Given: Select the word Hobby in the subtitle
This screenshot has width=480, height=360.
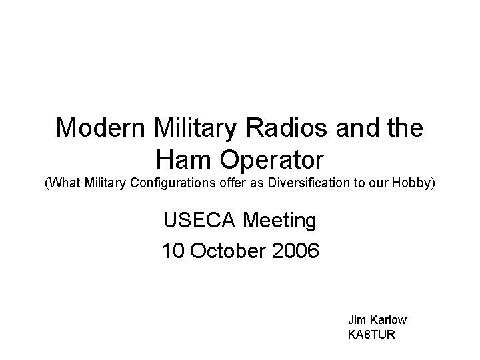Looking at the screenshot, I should pos(418,182).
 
